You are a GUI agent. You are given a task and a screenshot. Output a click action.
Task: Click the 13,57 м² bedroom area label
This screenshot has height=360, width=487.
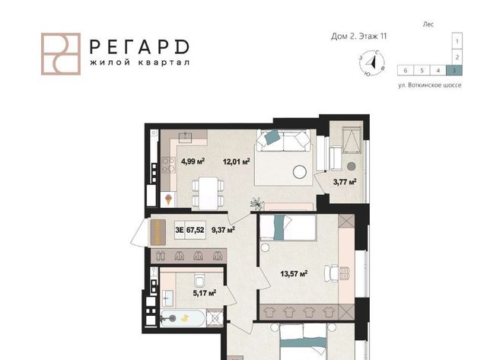[294, 274]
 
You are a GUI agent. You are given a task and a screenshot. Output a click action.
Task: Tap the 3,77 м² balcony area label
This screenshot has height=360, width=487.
[345, 182]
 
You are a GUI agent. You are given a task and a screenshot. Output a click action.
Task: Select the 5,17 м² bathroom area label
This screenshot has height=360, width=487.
[205, 292]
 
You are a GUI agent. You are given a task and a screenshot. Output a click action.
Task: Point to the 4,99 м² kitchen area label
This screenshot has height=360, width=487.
[193, 161]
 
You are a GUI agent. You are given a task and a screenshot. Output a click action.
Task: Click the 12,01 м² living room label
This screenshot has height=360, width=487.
[237, 161]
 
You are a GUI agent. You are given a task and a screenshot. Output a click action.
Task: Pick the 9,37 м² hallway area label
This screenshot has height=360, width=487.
[223, 230]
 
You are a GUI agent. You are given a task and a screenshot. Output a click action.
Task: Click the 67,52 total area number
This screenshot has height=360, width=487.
[196, 230]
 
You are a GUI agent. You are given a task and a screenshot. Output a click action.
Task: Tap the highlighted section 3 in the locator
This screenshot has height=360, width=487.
[454, 71]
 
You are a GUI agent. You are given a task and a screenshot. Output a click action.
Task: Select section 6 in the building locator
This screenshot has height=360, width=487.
[406, 71]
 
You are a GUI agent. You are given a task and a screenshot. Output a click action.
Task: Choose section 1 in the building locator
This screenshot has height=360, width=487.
[457, 40]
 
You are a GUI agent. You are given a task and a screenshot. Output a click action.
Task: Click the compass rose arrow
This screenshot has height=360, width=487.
[371, 63]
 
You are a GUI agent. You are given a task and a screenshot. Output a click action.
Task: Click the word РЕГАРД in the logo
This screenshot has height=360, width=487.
[139, 47]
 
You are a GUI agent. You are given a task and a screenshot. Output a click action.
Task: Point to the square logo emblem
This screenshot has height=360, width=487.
[61, 54]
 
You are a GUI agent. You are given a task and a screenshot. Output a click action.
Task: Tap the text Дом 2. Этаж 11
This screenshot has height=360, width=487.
[359, 37]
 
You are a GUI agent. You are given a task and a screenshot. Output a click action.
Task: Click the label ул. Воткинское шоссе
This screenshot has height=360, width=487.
[430, 85]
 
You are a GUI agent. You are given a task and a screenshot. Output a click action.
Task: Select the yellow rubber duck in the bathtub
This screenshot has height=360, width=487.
[186, 317]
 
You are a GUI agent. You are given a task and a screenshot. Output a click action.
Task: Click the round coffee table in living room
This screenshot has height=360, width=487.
[300, 171]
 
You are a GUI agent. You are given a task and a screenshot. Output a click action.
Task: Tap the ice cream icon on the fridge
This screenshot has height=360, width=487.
[168, 199]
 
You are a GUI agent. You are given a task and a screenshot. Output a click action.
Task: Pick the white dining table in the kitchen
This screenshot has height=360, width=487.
[208, 193]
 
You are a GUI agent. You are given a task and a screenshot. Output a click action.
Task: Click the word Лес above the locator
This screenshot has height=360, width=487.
[428, 24]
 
